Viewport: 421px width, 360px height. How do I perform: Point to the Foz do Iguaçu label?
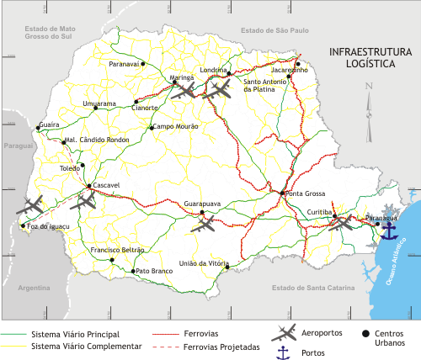(x=48, y=226)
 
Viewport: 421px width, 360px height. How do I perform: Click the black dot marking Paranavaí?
(x=143, y=64)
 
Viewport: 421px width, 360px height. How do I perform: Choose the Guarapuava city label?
(x=203, y=204)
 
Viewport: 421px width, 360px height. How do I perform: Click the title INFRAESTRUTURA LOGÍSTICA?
(x=370, y=57)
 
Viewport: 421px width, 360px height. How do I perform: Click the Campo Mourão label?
(x=176, y=127)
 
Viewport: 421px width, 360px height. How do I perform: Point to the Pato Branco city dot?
(x=133, y=272)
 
